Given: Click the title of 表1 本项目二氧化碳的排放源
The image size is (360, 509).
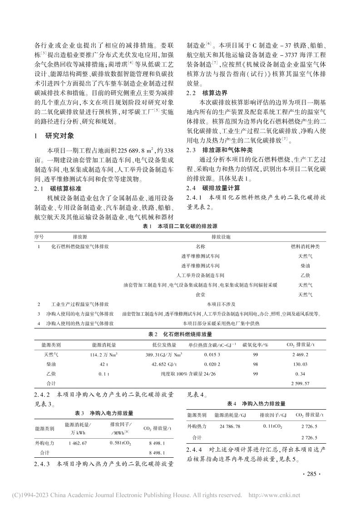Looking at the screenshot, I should pos(179,226).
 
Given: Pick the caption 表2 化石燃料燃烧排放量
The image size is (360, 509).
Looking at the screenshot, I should pos(180,334).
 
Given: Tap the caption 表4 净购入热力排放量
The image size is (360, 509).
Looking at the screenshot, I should pos(256,403).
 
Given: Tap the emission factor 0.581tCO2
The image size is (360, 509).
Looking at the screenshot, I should pos(120,443).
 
